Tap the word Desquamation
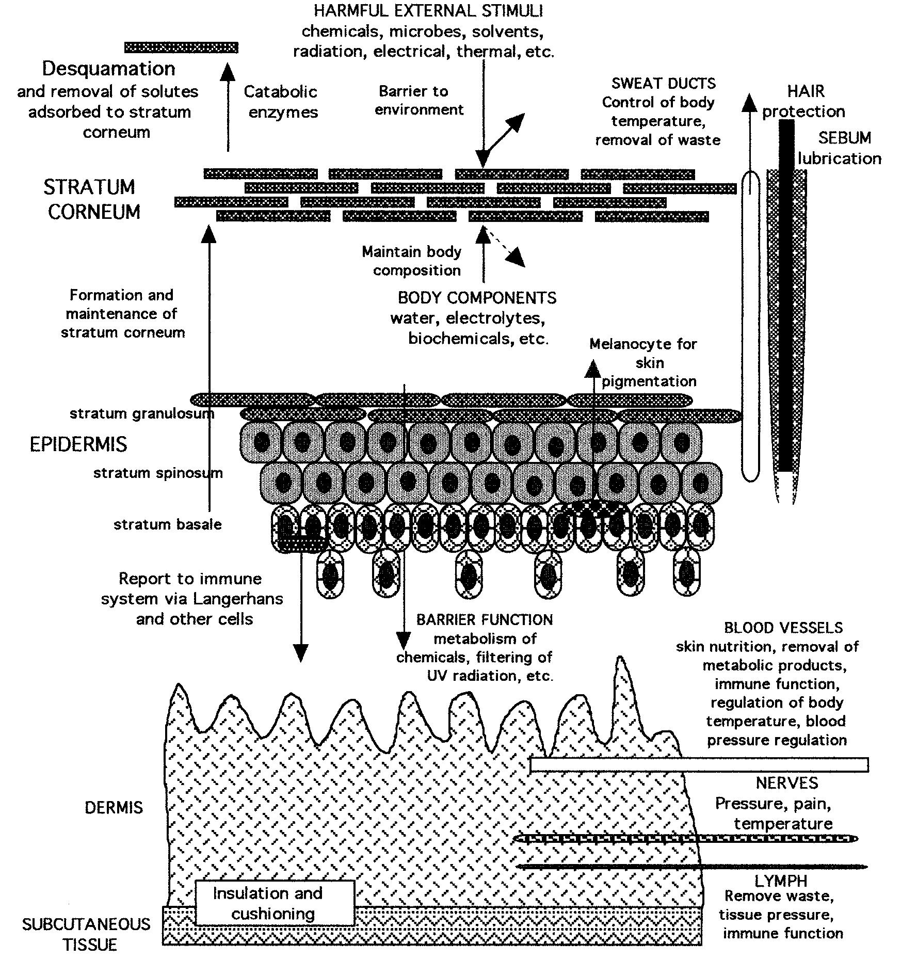pyautogui.click(x=108, y=69)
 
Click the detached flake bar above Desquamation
pyautogui.click(x=181, y=47)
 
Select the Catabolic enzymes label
pyautogui.click(x=281, y=102)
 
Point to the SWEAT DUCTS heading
pyautogui.click(x=664, y=83)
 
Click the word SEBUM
pyautogui.click(x=844, y=138)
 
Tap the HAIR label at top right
pyautogui.click(x=806, y=91)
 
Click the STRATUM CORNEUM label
pyautogui.click(x=91, y=199)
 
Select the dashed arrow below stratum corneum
pyautogui.click(x=508, y=249)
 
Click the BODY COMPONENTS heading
pyautogui.click(x=477, y=298)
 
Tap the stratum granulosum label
pyautogui.click(x=141, y=413)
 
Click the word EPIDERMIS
pyautogui.click(x=78, y=444)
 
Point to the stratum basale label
pyautogui.click(x=167, y=524)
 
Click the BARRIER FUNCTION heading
pyautogui.click(x=484, y=619)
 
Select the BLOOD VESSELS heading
pyautogui.click(x=783, y=628)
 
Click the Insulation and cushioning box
pyautogui.click(x=275, y=903)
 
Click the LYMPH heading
pyautogui.click(x=780, y=881)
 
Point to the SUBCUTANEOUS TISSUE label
pyautogui.click(x=86, y=934)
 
